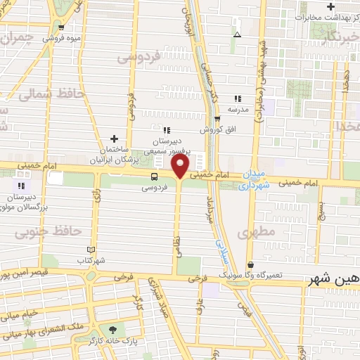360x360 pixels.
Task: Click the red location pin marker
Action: point(181,168)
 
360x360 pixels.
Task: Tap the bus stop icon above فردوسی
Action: point(154,176)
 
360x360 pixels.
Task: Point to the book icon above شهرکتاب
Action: point(90,249)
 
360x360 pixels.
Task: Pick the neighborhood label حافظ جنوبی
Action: point(44,231)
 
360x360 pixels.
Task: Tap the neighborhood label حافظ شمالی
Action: point(53,94)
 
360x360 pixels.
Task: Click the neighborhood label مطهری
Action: point(255,231)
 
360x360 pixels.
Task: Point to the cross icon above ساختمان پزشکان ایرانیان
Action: point(114,139)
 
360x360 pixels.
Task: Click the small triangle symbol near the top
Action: point(237,34)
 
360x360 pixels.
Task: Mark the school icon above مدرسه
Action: point(238,98)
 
